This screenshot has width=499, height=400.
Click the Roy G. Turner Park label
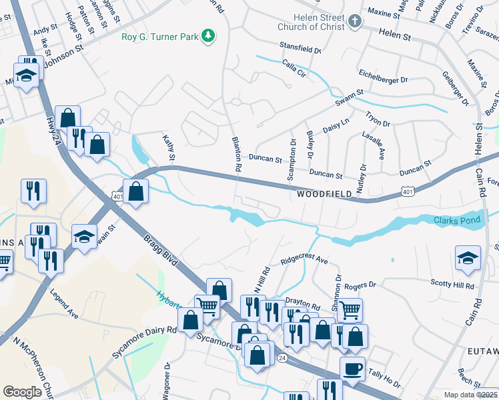coord(160,36)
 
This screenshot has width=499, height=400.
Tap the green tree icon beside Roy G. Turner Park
coord(209,35)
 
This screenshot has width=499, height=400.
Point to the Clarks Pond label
coord(456,220)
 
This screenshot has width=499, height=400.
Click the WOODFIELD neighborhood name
coord(324,194)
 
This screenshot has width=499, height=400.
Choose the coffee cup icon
coord(352,368)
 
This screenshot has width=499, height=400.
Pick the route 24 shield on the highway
coord(283,358)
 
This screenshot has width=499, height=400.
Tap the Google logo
coord(22,392)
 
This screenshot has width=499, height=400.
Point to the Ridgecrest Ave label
coord(304,259)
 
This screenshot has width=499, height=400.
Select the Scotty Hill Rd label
coord(452,285)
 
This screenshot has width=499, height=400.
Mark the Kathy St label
coord(169,147)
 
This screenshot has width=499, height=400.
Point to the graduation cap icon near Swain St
coord(84,238)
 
